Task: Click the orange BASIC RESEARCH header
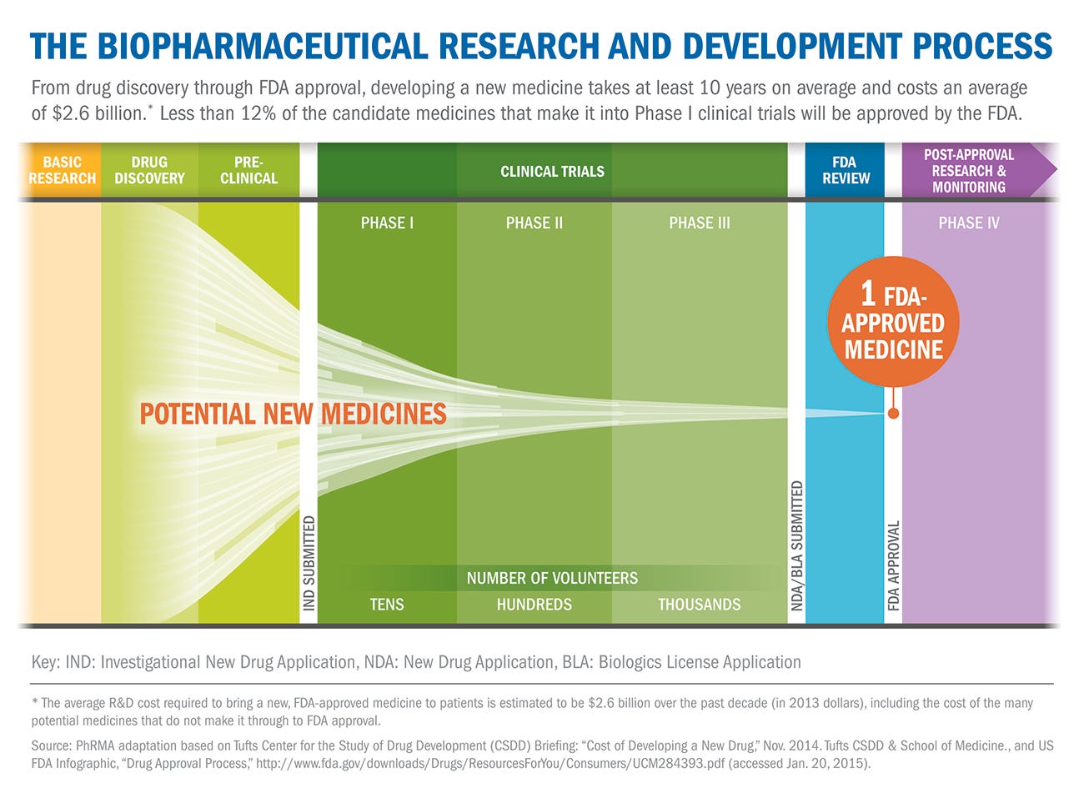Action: click(x=62, y=170)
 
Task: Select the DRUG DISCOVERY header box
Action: click(x=149, y=170)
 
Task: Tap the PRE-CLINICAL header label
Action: click(x=248, y=170)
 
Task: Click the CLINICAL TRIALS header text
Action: click(x=552, y=172)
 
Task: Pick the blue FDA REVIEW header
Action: click(x=845, y=170)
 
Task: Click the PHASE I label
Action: click(x=387, y=223)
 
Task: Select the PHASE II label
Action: click(x=534, y=223)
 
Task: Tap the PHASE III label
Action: click(x=699, y=223)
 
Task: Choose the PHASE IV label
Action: click(x=968, y=223)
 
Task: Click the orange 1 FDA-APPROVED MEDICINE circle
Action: click(x=893, y=322)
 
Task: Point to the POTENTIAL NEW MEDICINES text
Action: click(x=293, y=414)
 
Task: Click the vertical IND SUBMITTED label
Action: click(x=309, y=563)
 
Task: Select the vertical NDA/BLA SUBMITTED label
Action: click(x=796, y=545)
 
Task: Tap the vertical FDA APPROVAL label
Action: click(x=893, y=565)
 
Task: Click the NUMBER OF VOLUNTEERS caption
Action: click(x=552, y=578)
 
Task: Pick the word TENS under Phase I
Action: click(x=387, y=604)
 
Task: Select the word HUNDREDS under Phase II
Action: click(x=534, y=604)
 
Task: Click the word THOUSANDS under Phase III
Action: click(x=699, y=604)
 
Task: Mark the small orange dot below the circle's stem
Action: click(x=893, y=414)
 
